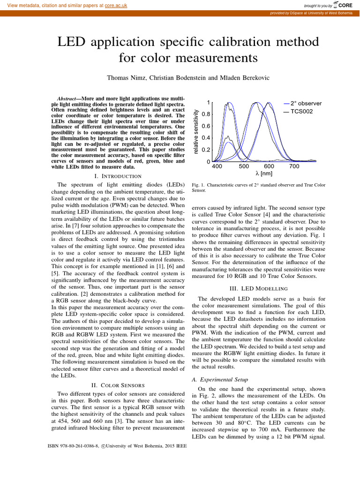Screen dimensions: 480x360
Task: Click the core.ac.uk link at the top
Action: [116, 5]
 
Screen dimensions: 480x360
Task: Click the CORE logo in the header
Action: [345, 5]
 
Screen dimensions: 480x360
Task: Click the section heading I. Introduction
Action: [118, 176]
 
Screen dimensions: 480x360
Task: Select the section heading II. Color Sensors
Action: [118, 385]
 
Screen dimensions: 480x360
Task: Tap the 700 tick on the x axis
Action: [294, 166]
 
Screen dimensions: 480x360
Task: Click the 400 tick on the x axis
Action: [217, 166]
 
